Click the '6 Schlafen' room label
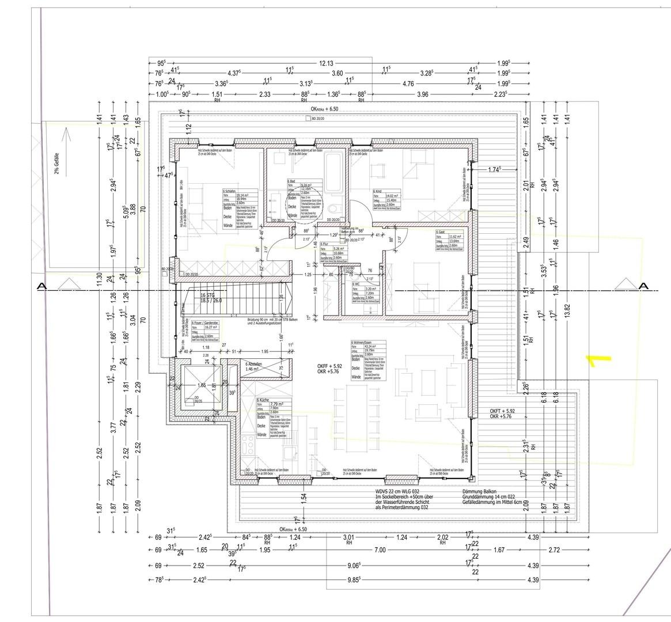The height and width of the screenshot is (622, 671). [x=231, y=191]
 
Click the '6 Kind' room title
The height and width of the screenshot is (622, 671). [x=378, y=191]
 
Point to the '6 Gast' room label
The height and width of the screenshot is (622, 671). [x=443, y=232]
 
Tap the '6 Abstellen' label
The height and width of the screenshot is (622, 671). [x=254, y=365]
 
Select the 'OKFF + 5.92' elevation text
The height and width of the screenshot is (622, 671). [x=329, y=366]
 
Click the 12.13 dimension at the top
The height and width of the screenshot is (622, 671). [x=327, y=63]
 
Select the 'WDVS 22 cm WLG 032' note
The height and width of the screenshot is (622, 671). [x=403, y=491]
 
